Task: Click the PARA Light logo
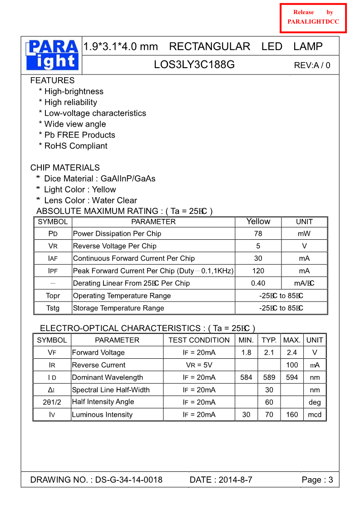pyautogui.click(x=52, y=55)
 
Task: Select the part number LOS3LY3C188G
pyautogui.click(x=194, y=64)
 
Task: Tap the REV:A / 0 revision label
pyautogui.click(x=312, y=65)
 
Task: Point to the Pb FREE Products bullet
pyautogui.click(x=77, y=135)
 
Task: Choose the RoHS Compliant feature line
pyautogui.click(x=73, y=146)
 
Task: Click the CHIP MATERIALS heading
pyautogui.click(x=65, y=168)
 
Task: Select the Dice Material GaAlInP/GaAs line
pyautogui.click(x=96, y=178)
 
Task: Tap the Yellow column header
pyautogui.click(x=258, y=222)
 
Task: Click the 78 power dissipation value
pyautogui.click(x=258, y=233)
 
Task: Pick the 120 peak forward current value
pyautogui.click(x=258, y=271)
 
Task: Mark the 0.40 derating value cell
pyautogui.click(x=258, y=283)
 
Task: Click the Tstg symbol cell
pyautogui.click(x=53, y=308)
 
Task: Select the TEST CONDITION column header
pyautogui.click(x=199, y=340)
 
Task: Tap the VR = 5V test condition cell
pyautogui.click(x=199, y=365)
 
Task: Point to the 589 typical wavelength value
pyautogui.click(x=269, y=377)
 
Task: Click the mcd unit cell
pyautogui.click(x=314, y=415)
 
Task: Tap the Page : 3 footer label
pyautogui.click(x=317, y=480)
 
